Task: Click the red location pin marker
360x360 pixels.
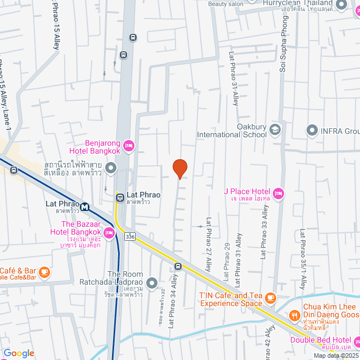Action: coord(179,168)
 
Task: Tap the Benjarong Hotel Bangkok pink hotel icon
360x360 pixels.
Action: coord(128,147)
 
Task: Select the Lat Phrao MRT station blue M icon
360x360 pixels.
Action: coord(85,206)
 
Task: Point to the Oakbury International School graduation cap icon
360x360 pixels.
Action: coord(275,130)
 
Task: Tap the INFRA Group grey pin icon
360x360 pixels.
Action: coord(312,131)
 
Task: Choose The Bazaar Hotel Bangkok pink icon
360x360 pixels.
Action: coord(108,232)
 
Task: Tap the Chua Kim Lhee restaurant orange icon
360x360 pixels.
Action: coord(294,317)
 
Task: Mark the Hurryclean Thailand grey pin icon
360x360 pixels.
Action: coord(340,5)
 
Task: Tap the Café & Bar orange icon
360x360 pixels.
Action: coord(44,273)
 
